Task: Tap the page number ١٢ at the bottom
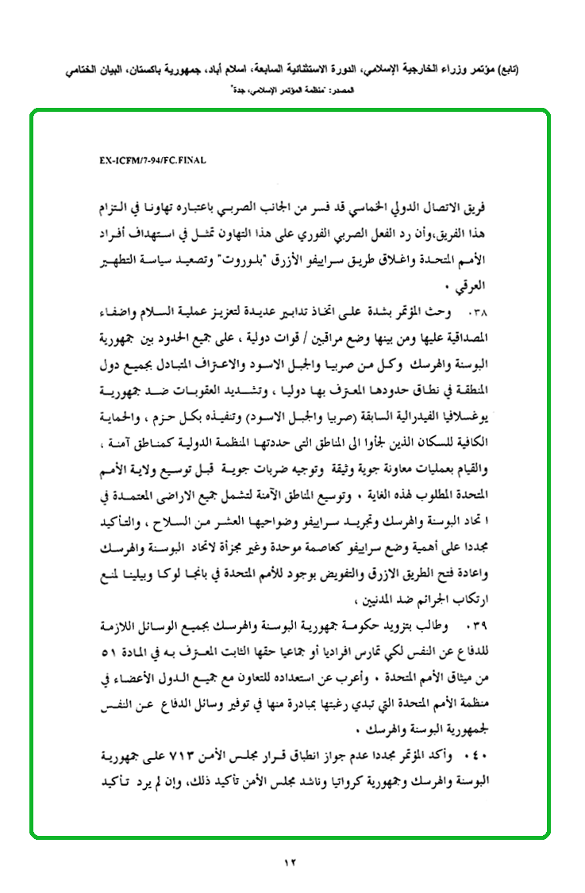click(290, 863)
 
